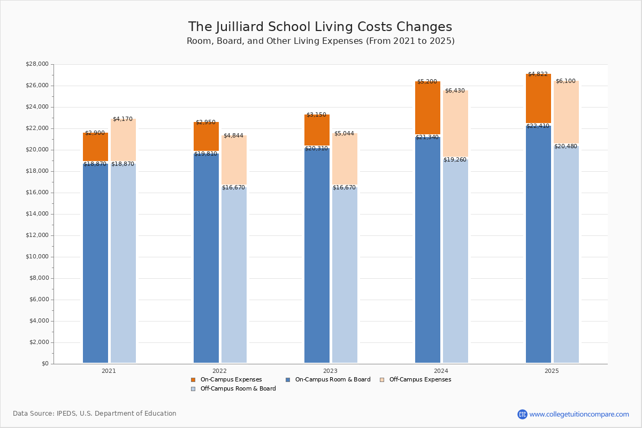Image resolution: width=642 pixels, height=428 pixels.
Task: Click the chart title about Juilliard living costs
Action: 320,27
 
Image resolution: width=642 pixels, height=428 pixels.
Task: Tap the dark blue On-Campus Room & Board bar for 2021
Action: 95,262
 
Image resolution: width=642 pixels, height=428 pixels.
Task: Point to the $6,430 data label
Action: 455,91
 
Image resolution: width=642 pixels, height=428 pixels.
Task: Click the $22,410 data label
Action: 538,126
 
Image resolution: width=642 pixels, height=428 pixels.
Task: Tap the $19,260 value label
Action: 455,160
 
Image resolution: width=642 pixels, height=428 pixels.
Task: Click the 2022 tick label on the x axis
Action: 219,371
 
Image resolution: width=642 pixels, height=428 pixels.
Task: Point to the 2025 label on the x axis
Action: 552,371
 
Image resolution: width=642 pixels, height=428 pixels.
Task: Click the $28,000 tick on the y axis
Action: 37,64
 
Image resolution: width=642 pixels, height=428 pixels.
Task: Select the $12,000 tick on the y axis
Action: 37,235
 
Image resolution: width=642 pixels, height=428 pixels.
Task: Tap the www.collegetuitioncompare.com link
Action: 579,415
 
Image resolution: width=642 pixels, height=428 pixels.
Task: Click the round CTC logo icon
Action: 522,415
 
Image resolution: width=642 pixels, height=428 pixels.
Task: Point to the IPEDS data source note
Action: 95,414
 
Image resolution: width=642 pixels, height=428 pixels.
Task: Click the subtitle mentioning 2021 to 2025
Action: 320,41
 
